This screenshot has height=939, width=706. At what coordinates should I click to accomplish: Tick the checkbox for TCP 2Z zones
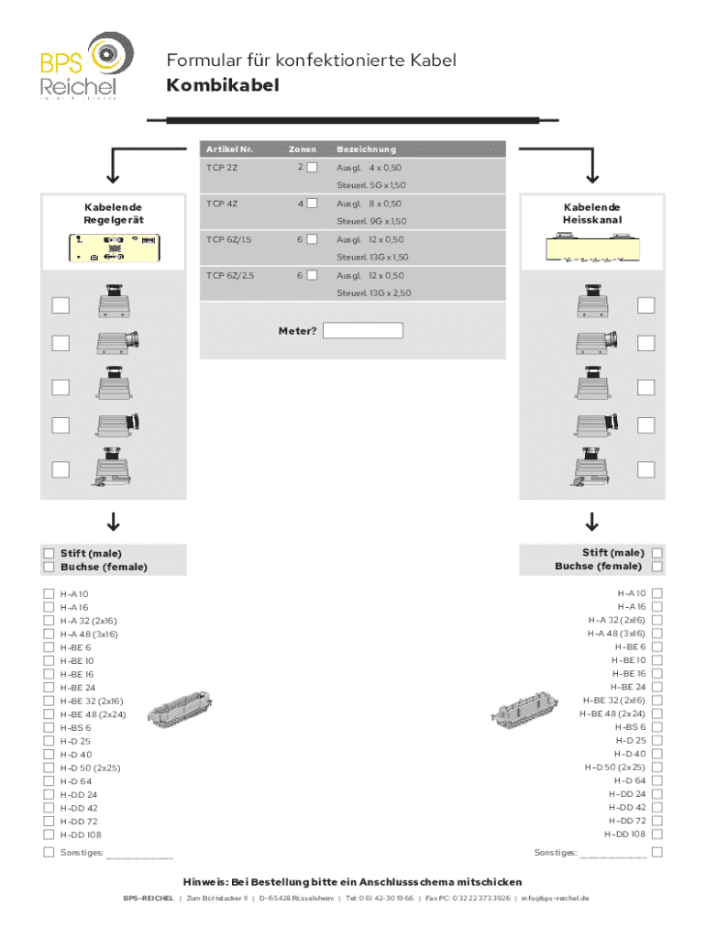(x=312, y=168)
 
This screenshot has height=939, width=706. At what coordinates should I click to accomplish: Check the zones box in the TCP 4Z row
(x=312, y=204)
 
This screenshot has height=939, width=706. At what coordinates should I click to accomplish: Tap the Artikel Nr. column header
(x=229, y=149)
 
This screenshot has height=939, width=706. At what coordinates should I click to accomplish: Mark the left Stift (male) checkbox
(x=49, y=553)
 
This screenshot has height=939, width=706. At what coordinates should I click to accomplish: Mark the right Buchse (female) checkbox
(x=656, y=567)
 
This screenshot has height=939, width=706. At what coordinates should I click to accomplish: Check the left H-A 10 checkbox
(x=49, y=593)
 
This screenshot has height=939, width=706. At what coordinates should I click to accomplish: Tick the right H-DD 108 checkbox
(x=656, y=834)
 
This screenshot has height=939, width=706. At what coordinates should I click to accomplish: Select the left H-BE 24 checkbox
(x=49, y=687)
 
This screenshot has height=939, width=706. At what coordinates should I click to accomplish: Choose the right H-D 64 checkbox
(x=656, y=781)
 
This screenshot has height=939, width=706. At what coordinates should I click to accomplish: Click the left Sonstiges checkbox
(x=49, y=853)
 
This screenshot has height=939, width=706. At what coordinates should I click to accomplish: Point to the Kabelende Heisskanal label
(x=591, y=214)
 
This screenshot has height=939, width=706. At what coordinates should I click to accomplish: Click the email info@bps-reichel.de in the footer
(x=555, y=898)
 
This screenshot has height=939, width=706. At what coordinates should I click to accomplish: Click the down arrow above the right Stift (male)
(x=591, y=524)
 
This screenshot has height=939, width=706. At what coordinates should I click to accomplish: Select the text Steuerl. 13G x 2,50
(x=372, y=293)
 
